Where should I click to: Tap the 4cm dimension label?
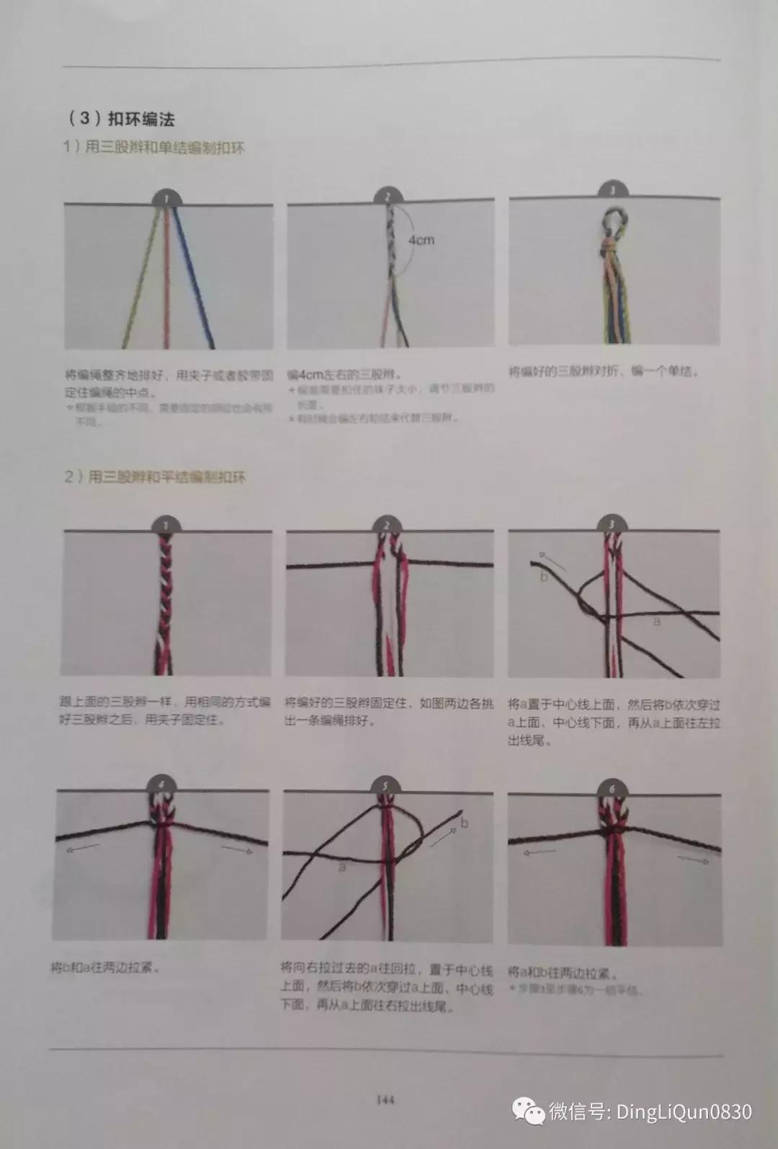point(421,239)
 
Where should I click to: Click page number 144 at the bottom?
point(385,1100)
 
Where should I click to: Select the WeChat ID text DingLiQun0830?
point(684,1112)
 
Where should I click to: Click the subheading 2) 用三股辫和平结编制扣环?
point(154,477)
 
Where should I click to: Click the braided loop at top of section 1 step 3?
point(612,220)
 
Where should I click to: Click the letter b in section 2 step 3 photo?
point(544,576)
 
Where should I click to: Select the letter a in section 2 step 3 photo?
point(656,620)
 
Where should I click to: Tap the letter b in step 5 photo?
point(464,823)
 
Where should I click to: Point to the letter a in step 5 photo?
point(342,867)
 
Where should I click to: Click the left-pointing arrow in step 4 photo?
point(83,850)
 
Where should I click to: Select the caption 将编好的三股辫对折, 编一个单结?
point(604,372)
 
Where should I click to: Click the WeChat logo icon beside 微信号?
point(529,1111)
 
